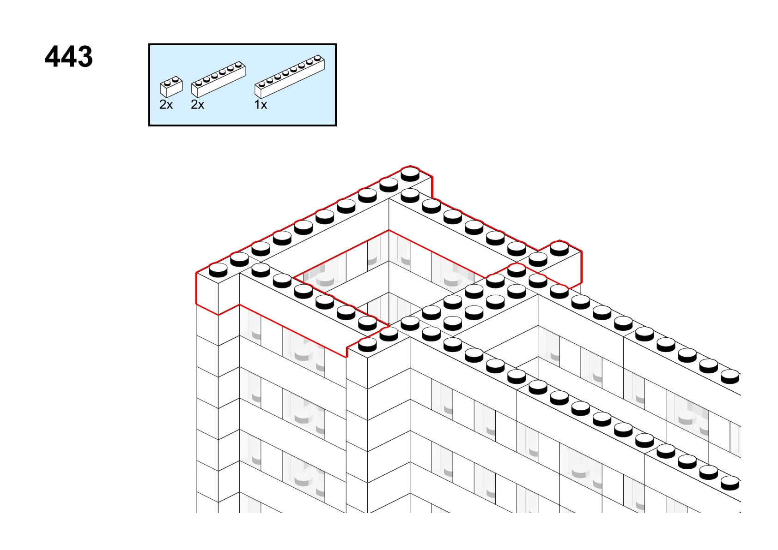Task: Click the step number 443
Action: [69, 56]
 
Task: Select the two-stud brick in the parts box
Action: [171, 87]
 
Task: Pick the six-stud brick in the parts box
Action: [219, 79]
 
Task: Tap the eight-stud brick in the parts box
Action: [290, 76]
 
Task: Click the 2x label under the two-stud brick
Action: [166, 104]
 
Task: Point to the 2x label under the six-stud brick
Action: [198, 104]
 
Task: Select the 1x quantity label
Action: [261, 104]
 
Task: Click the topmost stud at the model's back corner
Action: [410, 174]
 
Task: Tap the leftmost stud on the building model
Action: [218, 270]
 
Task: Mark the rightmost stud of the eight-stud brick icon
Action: [317, 58]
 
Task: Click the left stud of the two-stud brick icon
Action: [167, 83]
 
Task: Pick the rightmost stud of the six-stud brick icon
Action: [238, 65]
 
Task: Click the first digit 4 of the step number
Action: [53, 56]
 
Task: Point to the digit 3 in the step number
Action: [85, 56]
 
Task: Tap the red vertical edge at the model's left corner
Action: [197, 288]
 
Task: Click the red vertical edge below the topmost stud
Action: [432, 187]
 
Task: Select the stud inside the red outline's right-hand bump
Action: [559, 249]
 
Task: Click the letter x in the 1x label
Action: [264, 105]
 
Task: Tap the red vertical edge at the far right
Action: [581, 267]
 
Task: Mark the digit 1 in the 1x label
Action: [257, 104]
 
